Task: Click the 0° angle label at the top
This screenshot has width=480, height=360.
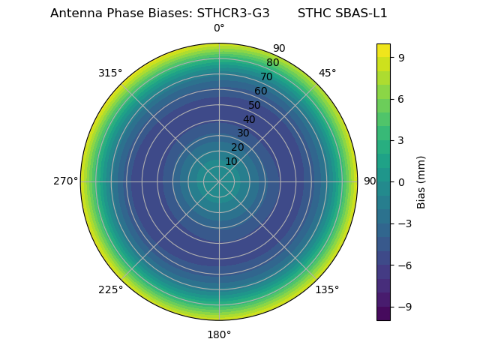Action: point(219,28)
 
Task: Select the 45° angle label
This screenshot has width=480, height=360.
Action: point(327,73)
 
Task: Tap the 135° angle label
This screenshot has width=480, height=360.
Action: point(327,289)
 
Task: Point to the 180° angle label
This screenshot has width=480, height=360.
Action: point(219,334)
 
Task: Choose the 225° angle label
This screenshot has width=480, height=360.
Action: point(110,289)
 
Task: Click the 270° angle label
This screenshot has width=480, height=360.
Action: point(65,181)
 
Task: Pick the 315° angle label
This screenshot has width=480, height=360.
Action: point(110,73)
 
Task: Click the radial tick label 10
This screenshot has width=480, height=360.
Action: point(231,161)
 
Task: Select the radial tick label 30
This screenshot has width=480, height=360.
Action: point(243,133)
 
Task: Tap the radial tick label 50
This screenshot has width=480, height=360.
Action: point(254,105)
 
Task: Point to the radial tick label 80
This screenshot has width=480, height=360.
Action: point(272,63)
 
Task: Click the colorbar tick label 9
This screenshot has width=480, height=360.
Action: point(402,57)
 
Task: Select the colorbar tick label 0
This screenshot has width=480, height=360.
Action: point(402,181)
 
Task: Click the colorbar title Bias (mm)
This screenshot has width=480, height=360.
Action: point(421,181)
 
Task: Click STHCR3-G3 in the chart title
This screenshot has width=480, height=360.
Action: point(233,13)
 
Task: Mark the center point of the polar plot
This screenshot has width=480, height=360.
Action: point(219,181)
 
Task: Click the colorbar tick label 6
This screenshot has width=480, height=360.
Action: point(402,99)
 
